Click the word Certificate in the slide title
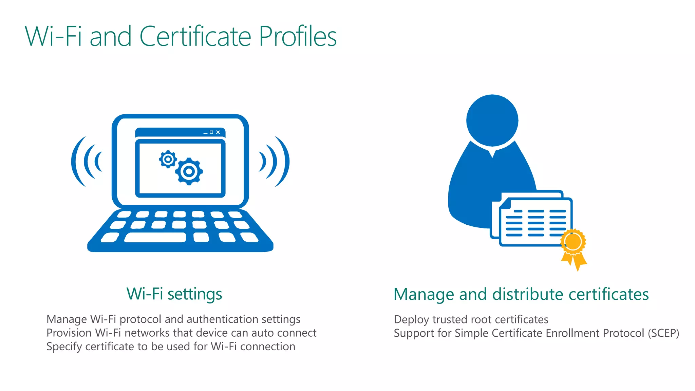(195, 36)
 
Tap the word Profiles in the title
(298, 36)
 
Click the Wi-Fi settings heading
(174, 294)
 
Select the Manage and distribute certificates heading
(521, 294)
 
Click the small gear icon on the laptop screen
(168, 159)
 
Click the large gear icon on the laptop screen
(189, 172)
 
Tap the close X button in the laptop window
(218, 132)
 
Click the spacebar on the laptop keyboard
(155, 237)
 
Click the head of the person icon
(492, 120)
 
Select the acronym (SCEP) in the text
(663, 333)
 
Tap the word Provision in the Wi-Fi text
(69, 333)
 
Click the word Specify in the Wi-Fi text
(64, 347)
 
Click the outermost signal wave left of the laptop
(77, 162)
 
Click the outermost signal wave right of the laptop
(284, 162)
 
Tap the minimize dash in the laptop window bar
(205, 133)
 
